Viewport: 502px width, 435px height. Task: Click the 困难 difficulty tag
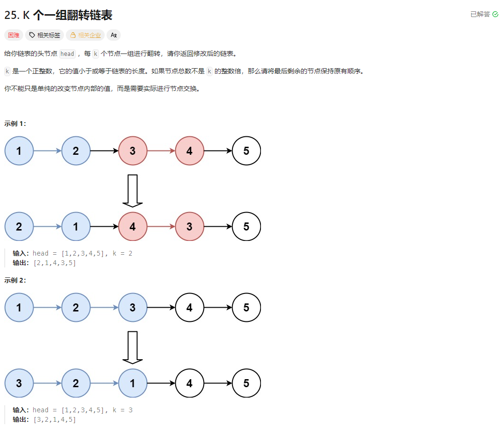[x=13, y=35]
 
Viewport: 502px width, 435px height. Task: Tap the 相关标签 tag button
[x=45, y=35]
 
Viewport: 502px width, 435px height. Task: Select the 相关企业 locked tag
[x=85, y=35]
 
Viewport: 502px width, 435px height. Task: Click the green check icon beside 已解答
[x=495, y=14]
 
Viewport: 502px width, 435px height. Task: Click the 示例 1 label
[x=15, y=124]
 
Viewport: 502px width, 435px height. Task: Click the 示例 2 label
[x=15, y=280]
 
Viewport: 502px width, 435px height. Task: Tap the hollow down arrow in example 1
[x=133, y=190]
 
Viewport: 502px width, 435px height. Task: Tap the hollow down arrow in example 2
[x=133, y=347]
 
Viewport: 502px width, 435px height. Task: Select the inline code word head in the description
[x=67, y=53]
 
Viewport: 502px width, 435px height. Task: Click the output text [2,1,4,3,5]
[x=54, y=263]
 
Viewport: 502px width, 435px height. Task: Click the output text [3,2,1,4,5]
[x=54, y=419]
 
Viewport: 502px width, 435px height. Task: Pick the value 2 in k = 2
[x=130, y=254]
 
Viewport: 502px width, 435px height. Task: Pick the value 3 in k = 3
[x=130, y=410]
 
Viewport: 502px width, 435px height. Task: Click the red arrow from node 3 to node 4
[x=161, y=151]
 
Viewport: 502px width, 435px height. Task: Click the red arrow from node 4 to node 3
[x=161, y=227]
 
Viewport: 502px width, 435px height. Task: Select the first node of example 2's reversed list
[x=19, y=383]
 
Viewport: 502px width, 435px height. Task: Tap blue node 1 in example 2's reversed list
[x=133, y=383]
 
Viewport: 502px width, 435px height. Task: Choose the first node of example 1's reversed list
[x=19, y=227]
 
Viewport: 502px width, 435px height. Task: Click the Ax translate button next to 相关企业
[x=114, y=35]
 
